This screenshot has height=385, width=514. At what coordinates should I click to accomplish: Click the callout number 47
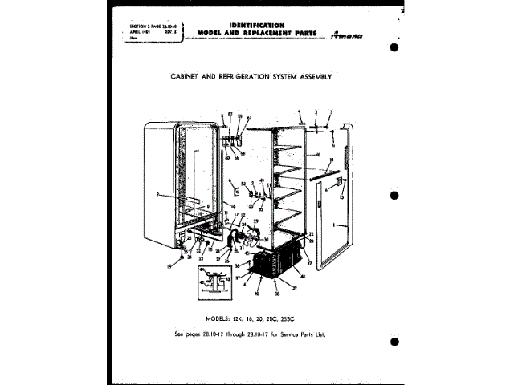tap(309, 263)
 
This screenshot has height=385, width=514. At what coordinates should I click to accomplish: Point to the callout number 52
tap(243, 184)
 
